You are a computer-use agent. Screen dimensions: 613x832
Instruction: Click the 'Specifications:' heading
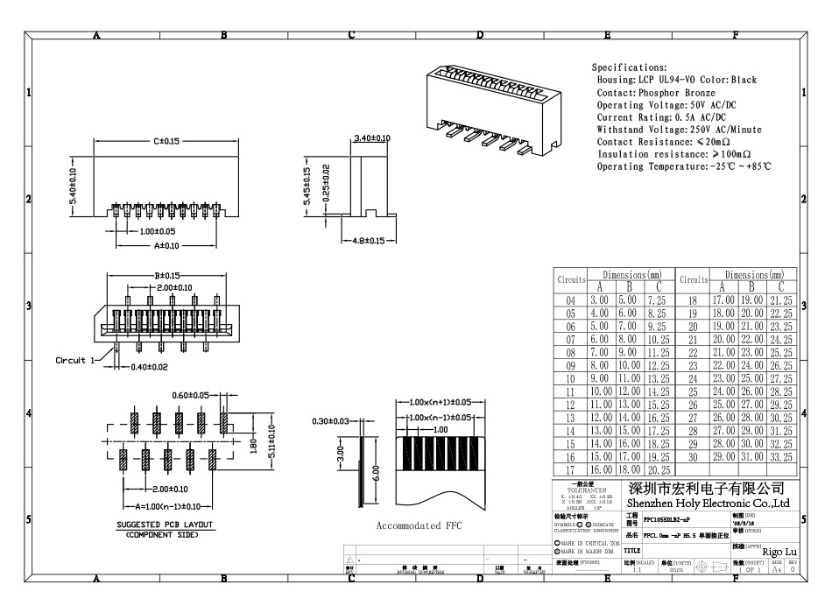pos(629,67)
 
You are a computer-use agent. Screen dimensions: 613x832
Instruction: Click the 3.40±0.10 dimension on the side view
pos(372,138)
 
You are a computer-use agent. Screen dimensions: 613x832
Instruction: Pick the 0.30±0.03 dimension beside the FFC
pos(332,421)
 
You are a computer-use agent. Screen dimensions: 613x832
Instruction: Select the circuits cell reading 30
pos(692,458)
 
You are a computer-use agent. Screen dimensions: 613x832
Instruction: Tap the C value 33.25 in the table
pos(781,458)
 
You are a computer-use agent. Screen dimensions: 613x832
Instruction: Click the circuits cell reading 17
pos(570,471)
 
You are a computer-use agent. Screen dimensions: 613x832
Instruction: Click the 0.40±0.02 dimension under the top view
pos(151,368)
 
